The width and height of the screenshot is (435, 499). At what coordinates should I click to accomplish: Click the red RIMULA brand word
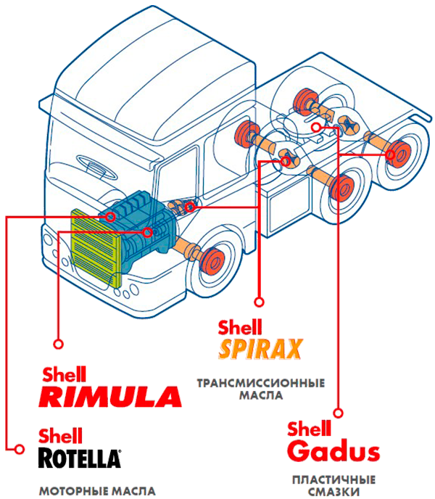click(110, 397)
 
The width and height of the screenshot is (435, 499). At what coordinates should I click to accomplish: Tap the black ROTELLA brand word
click(80, 458)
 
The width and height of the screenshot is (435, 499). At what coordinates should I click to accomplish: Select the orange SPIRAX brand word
click(260, 349)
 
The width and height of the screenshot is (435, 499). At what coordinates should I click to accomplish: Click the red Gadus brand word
click(333, 450)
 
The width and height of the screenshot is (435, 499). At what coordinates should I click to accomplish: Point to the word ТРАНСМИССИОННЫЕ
click(261, 383)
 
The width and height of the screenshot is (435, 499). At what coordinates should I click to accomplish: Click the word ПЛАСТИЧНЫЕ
click(333, 480)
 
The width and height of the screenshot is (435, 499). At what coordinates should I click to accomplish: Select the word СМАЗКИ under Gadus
click(333, 492)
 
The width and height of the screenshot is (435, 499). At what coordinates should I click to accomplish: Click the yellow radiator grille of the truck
click(96, 248)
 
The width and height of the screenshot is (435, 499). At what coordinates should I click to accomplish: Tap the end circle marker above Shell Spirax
click(260, 302)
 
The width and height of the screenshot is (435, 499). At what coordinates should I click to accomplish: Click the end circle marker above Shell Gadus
click(339, 413)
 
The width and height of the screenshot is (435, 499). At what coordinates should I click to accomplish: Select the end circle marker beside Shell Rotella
click(20, 450)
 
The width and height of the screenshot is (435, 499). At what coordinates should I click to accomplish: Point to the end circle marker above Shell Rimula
click(59, 344)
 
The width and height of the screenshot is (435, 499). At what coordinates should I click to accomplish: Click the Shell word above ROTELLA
click(60, 436)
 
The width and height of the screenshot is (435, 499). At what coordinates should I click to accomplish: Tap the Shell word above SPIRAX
click(240, 327)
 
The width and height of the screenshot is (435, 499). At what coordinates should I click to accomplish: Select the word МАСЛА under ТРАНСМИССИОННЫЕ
click(261, 395)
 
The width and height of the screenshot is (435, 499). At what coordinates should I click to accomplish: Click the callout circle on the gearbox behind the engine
click(190, 207)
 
